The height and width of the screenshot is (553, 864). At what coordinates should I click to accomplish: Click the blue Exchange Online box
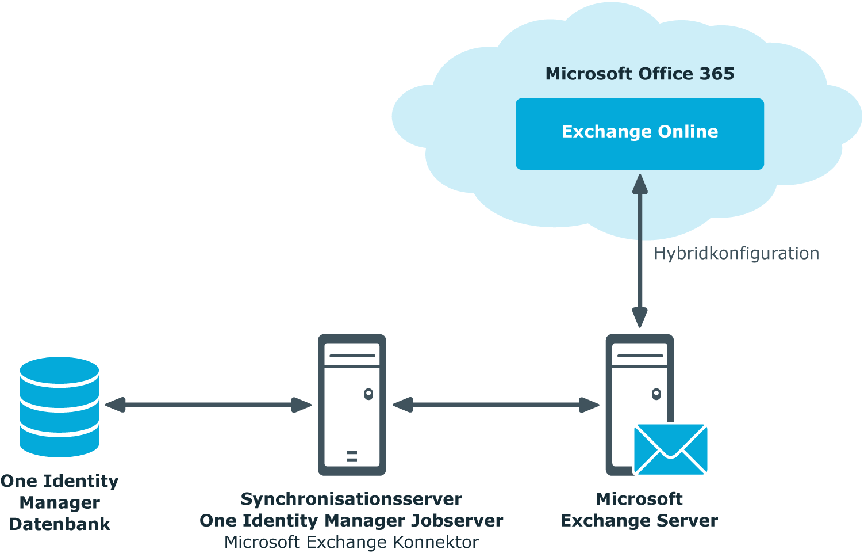click(639, 134)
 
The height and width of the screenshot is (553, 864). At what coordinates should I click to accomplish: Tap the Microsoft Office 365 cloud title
click(639, 74)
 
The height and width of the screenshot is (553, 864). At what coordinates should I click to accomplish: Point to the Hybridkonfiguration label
click(736, 254)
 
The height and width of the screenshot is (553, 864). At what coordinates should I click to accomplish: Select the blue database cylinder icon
click(59, 407)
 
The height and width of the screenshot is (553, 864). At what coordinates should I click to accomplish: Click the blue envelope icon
click(670, 449)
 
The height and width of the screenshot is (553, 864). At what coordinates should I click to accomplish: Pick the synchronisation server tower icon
click(352, 405)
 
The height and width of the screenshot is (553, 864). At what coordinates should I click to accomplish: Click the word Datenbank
click(59, 524)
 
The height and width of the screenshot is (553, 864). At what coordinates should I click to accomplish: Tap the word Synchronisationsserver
click(351, 499)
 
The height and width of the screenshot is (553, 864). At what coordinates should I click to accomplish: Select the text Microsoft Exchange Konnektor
click(351, 542)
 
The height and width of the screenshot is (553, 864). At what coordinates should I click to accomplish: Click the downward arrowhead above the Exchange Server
click(639, 318)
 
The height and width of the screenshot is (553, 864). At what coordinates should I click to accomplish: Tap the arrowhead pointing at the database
click(115, 405)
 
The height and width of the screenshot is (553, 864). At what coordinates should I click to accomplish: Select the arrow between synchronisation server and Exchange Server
click(496, 405)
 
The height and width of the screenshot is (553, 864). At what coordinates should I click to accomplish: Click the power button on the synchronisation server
click(368, 394)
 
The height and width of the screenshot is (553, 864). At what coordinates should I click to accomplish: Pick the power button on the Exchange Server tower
click(656, 394)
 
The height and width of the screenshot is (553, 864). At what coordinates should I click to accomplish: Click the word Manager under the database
click(60, 503)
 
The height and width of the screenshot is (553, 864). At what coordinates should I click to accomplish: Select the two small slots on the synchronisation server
click(352, 456)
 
